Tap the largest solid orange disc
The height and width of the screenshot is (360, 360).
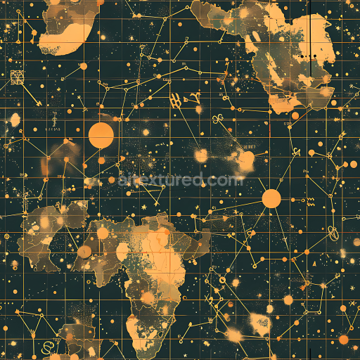point(101,134)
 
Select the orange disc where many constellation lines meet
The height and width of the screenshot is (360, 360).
point(271,198)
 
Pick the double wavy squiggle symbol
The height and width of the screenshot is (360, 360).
point(310,201)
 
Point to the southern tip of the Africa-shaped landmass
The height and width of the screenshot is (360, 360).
point(134,330)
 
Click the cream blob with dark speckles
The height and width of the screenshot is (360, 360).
point(259,324)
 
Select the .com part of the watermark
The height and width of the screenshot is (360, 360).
point(226,180)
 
